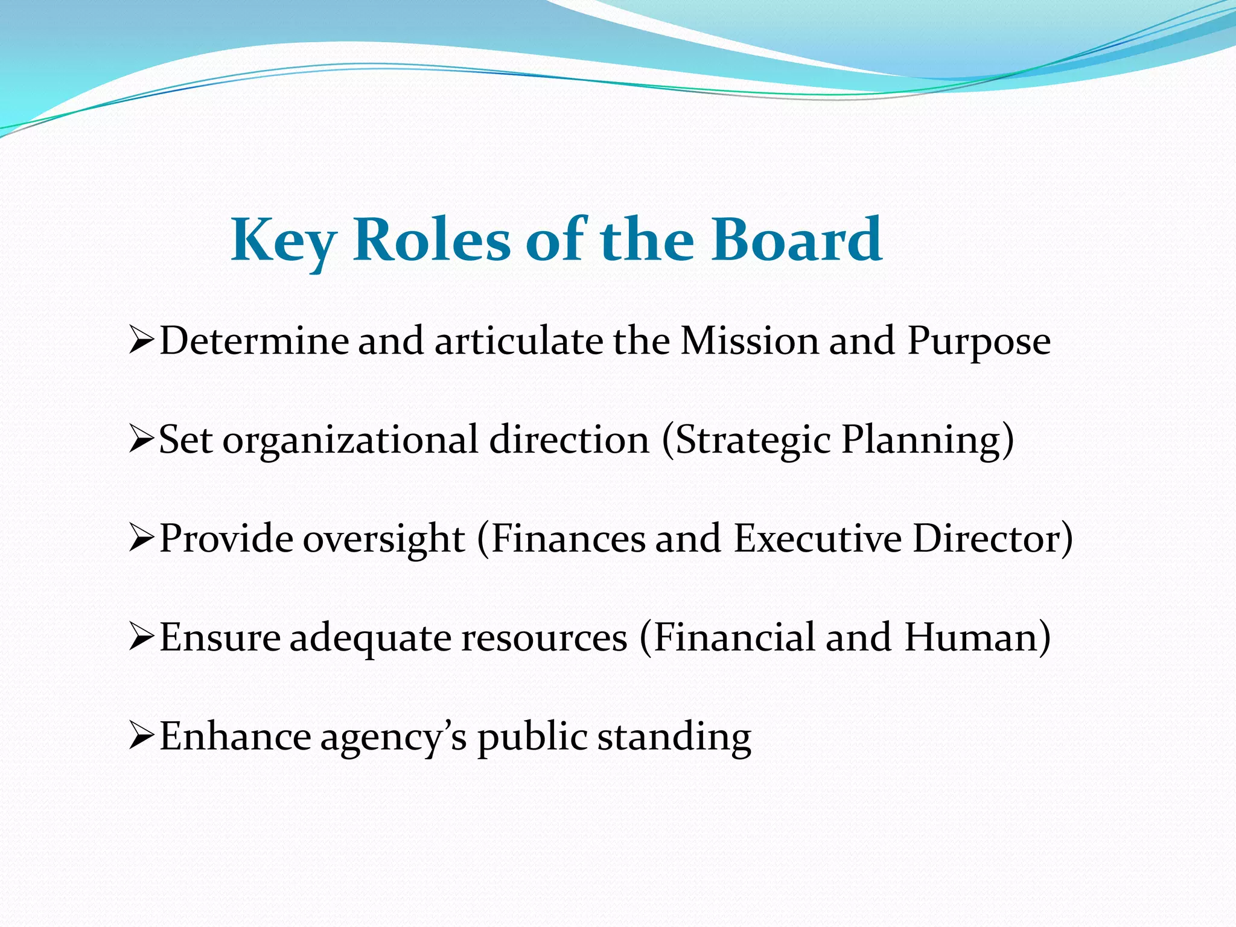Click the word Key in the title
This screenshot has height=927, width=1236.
[x=283, y=241]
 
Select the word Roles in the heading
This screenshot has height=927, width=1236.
[x=432, y=240]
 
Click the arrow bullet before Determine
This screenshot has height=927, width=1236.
[x=142, y=342]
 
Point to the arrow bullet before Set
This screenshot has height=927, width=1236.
[x=142, y=441]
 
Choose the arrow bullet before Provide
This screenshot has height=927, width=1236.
[x=142, y=539]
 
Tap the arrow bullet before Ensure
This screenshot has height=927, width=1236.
[x=142, y=638]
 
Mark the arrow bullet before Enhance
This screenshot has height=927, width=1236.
[x=142, y=737]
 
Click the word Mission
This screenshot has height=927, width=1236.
[x=750, y=341]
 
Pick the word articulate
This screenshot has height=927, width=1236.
[x=518, y=341]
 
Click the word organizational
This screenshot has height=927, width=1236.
[x=351, y=441]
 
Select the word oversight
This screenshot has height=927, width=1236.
[x=384, y=539]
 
